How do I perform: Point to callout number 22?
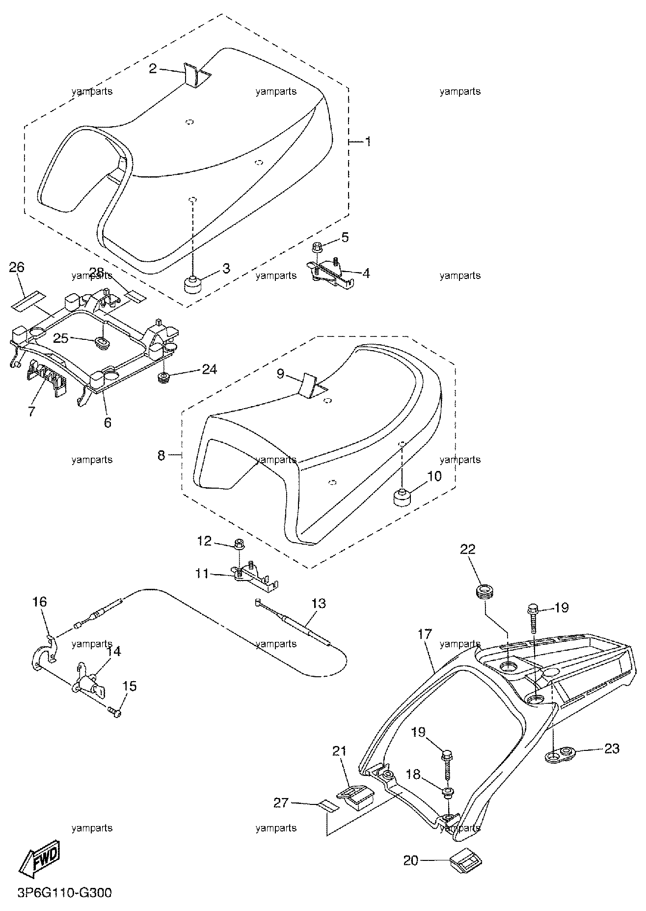468,549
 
